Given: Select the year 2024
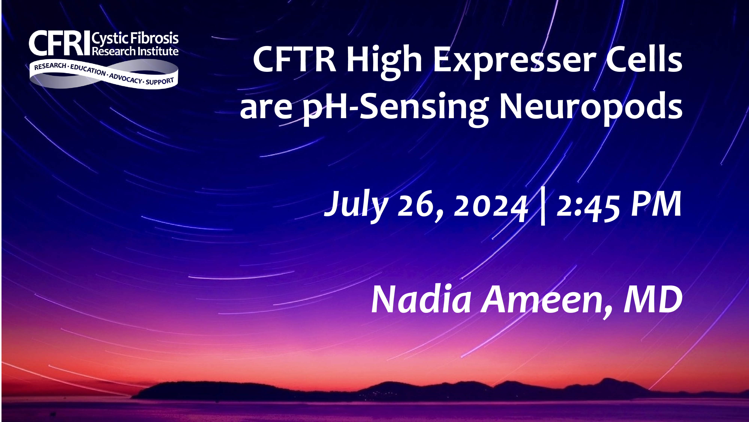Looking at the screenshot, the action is tap(491, 205).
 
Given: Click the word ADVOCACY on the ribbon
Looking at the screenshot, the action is tap(126, 78).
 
